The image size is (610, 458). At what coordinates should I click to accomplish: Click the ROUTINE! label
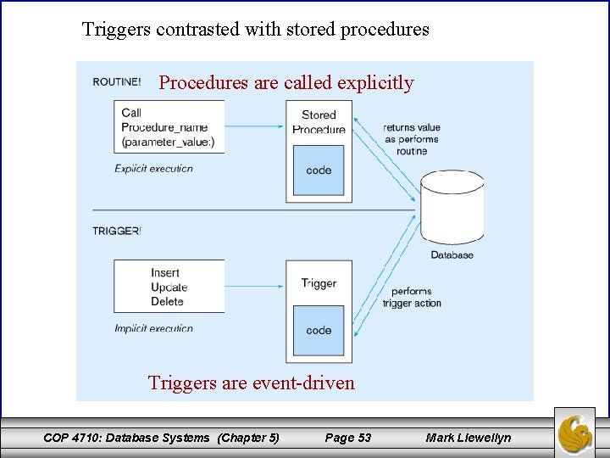pyautogui.click(x=117, y=82)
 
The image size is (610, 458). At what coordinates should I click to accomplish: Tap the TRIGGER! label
pyautogui.click(x=117, y=231)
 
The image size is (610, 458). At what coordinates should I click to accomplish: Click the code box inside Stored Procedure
pyautogui.click(x=319, y=170)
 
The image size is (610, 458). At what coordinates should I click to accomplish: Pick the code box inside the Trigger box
pyautogui.click(x=319, y=331)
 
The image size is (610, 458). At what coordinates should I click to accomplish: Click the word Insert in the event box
pyautogui.click(x=165, y=273)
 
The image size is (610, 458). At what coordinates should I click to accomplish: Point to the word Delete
pyautogui.click(x=167, y=301)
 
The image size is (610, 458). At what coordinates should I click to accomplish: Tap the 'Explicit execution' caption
pyautogui.click(x=153, y=169)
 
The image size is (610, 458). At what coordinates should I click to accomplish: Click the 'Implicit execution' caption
pyautogui.click(x=153, y=328)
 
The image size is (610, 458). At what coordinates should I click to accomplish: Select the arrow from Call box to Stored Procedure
pyautogui.click(x=254, y=127)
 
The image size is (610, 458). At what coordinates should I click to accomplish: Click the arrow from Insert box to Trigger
pyautogui.click(x=254, y=287)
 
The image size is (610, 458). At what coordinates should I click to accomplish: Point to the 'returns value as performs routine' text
pyautogui.click(x=412, y=139)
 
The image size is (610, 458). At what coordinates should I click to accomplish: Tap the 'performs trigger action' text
pyautogui.click(x=412, y=297)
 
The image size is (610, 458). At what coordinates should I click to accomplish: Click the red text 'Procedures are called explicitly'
pyautogui.click(x=286, y=83)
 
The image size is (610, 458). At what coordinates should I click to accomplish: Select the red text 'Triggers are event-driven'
pyautogui.click(x=252, y=383)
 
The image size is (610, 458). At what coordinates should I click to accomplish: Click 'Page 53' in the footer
pyautogui.click(x=348, y=438)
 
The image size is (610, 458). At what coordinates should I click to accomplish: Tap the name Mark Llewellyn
pyautogui.click(x=469, y=438)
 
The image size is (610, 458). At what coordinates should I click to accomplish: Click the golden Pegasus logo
pyautogui.click(x=575, y=433)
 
